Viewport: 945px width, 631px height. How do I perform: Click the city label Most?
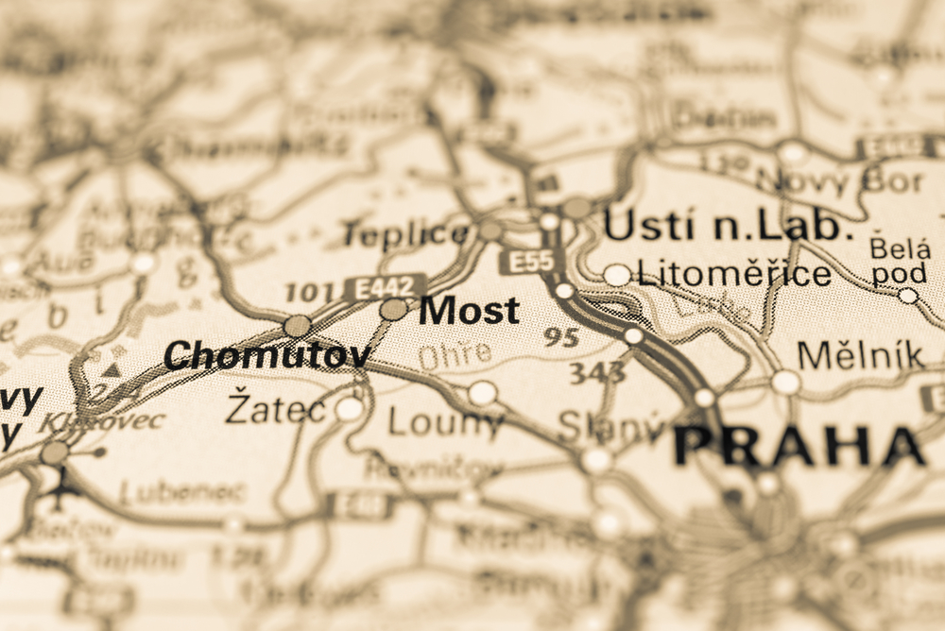469,311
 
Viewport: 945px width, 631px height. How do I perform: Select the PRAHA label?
799,445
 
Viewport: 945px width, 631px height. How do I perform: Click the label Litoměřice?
733,275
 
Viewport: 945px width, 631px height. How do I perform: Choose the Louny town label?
445,423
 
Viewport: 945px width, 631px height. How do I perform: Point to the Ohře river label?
455,355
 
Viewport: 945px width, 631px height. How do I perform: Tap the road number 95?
561,337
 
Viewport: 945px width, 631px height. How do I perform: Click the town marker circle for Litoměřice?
617,275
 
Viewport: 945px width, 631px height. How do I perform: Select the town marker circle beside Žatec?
350,409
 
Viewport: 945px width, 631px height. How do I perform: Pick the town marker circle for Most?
393,309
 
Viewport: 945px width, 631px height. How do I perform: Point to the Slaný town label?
610,427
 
